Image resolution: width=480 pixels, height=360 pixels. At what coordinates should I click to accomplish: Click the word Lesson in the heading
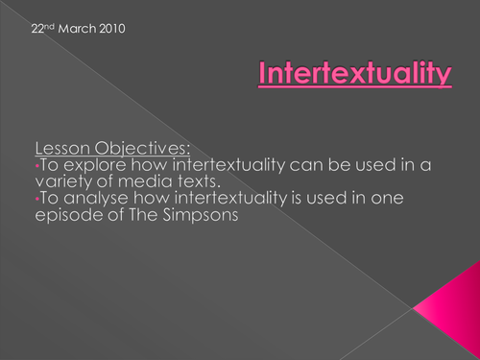pos(61,147)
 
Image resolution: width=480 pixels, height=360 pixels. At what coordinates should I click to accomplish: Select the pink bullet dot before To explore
pos(36,166)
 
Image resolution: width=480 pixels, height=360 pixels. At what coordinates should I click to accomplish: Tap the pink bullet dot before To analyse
pos(36,202)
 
